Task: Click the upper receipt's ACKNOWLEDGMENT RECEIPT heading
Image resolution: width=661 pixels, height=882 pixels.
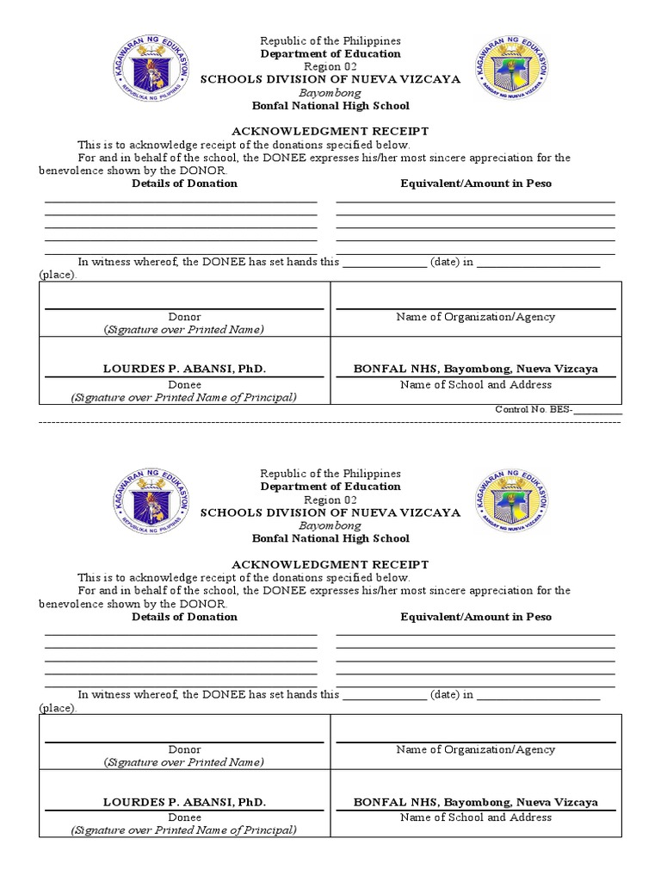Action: (330, 132)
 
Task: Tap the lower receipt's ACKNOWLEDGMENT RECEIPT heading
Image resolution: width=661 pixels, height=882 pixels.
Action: (330, 564)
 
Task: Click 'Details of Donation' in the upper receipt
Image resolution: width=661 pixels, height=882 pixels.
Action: (184, 183)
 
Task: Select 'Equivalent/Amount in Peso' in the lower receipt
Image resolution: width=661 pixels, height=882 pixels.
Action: (476, 617)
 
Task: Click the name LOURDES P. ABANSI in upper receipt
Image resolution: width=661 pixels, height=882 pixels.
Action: (184, 369)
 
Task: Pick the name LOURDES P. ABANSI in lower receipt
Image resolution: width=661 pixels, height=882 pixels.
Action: (184, 802)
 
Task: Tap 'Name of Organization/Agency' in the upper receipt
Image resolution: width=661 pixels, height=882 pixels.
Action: (475, 317)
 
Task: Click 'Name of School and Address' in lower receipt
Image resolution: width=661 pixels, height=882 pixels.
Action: (475, 817)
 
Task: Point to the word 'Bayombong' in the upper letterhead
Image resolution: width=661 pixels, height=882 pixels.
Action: (330, 92)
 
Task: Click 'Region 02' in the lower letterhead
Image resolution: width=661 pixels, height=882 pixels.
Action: (330, 500)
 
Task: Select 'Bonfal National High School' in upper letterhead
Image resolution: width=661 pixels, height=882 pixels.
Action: (330, 106)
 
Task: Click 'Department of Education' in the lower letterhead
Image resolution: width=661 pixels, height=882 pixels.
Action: (330, 487)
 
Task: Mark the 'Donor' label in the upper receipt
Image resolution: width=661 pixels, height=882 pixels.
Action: (184, 317)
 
